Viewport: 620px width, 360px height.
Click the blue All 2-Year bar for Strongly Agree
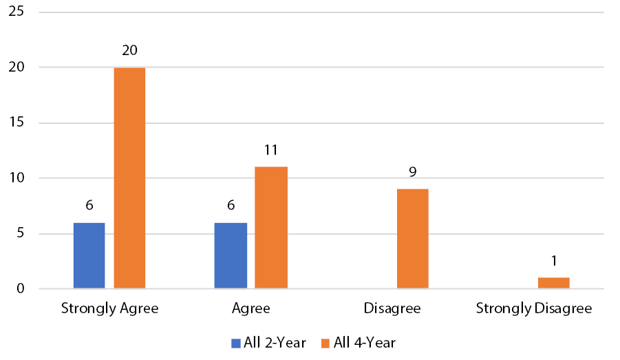(x=89, y=255)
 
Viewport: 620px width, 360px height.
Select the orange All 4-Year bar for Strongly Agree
(x=129, y=178)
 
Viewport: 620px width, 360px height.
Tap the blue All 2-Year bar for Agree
(x=231, y=255)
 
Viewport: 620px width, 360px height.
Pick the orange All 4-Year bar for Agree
(x=271, y=228)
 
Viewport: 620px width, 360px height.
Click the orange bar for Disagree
(x=412, y=239)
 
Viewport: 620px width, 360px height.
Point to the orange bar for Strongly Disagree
(x=553, y=283)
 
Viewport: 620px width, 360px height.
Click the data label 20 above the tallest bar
(x=129, y=51)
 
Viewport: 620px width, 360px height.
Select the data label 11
(x=271, y=150)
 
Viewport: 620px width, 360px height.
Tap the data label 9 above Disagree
(x=412, y=172)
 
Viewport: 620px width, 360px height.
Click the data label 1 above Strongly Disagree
(x=553, y=261)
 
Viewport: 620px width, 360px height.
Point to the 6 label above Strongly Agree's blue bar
(x=89, y=205)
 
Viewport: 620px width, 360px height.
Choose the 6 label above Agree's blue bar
(x=231, y=205)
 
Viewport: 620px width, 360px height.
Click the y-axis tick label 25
(x=16, y=12)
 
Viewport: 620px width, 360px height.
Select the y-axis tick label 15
(x=16, y=123)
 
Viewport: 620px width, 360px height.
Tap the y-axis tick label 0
(x=20, y=289)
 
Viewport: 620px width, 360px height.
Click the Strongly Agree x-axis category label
(x=109, y=308)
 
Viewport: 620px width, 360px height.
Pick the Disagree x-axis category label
(x=392, y=308)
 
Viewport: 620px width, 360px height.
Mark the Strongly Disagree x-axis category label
(x=533, y=308)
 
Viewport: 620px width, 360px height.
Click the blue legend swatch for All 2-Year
(x=236, y=342)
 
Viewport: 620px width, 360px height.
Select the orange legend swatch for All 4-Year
(x=325, y=342)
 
